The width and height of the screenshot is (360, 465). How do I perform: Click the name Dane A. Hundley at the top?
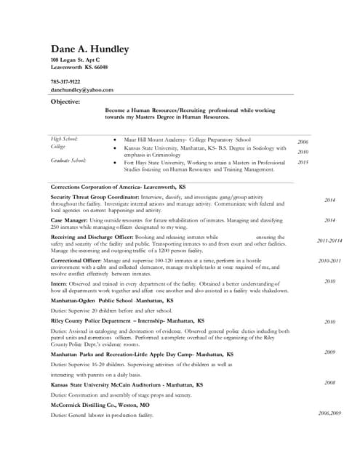pyautogui.click(x=89, y=49)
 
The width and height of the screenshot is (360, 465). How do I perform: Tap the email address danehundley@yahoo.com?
pyautogui.click(x=81, y=89)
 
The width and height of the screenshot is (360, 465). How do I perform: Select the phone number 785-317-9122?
pyautogui.click(x=65, y=81)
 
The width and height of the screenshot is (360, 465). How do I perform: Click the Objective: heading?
pyautogui.click(x=65, y=102)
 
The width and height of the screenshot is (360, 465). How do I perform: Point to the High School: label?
pyautogui.click(x=64, y=138)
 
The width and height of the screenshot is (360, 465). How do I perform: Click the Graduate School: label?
pyautogui.click(x=68, y=159)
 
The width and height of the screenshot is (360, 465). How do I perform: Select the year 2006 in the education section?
pyautogui.click(x=303, y=142)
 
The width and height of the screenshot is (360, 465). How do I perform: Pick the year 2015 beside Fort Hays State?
pyautogui.click(x=303, y=163)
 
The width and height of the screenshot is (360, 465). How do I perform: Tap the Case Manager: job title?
pyautogui.click(x=70, y=219)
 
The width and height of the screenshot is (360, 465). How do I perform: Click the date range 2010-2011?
pyautogui.click(x=329, y=260)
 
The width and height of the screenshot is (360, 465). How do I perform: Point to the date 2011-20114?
pyautogui.click(x=329, y=240)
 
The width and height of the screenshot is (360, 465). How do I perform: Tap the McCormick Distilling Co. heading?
pyautogui.click(x=100, y=404)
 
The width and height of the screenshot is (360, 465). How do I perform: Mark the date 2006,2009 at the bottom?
pyautogui.click(x=329, y=413)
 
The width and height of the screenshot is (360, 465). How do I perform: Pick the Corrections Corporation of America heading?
pyautogui.click(x=118, y=187)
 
